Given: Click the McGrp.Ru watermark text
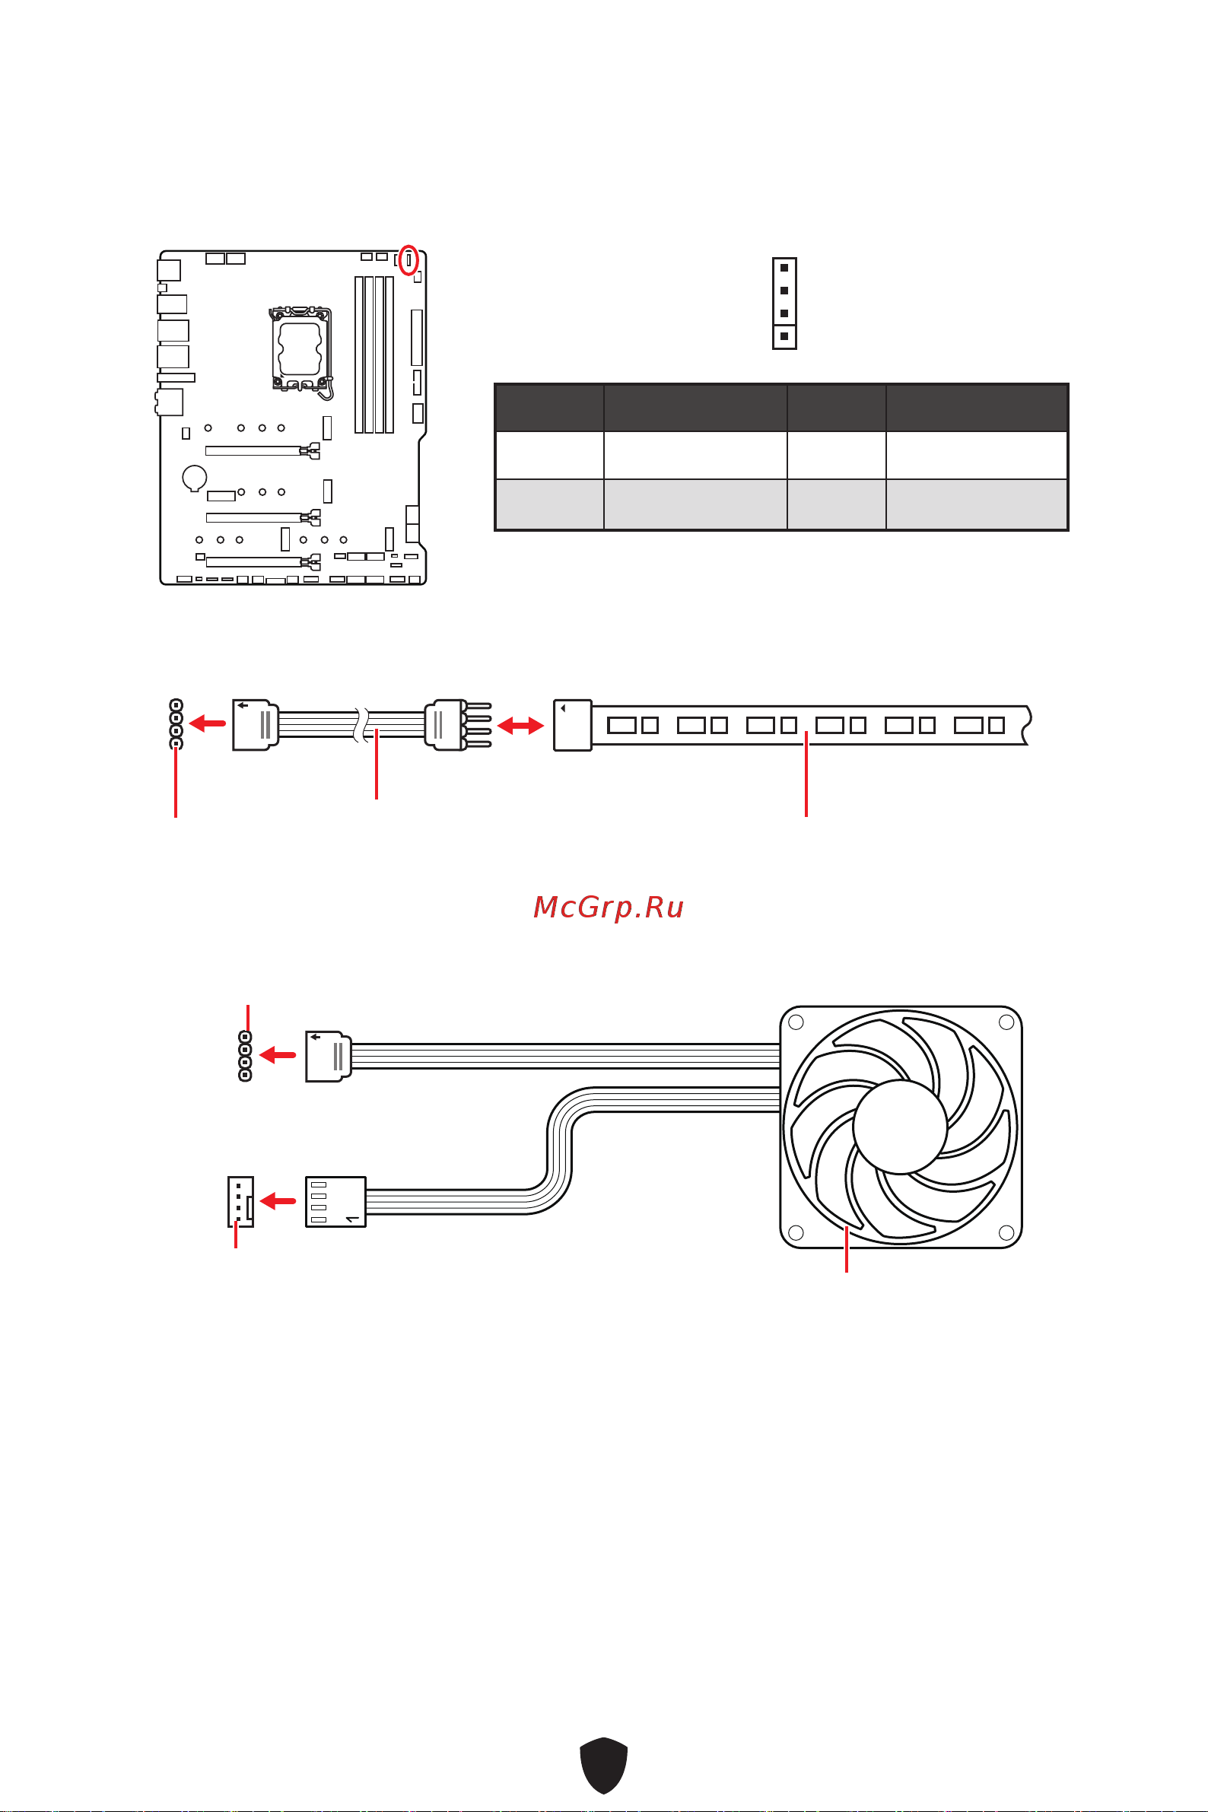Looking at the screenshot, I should point(608,907).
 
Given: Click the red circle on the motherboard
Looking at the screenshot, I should point(409,259).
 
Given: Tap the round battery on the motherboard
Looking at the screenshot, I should point(195,478).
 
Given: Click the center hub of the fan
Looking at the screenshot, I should point(900,1126).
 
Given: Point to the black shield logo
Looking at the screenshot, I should point(603,1765).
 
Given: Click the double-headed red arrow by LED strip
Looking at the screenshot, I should point(521,725).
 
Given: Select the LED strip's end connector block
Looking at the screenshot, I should point(572,725).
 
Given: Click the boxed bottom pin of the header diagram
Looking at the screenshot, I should point(784,337).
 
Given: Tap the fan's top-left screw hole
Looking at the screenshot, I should point(796,1022).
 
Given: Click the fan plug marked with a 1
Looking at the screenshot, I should point(335,1202).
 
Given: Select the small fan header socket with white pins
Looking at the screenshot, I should point(240,1201).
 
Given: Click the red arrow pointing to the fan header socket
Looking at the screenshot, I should point(278,1200).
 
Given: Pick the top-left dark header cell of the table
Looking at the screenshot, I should point(549,408).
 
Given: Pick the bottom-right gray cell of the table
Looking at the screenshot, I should point(976,504).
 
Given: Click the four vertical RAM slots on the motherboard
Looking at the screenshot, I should point(374,354).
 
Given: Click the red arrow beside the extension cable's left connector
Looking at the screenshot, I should point(208,723).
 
